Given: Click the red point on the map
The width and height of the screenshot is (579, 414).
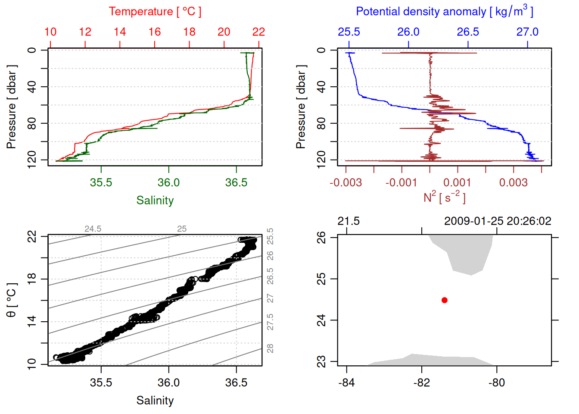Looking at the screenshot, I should [445, 300].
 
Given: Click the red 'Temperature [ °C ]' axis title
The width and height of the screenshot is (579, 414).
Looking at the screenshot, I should [155, 12].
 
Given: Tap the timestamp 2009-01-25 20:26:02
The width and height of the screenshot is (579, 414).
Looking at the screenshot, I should [498, 221].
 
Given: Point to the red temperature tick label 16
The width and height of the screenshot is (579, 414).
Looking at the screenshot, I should [155, 32].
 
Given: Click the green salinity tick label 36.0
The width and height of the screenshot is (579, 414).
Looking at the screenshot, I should [168, 182].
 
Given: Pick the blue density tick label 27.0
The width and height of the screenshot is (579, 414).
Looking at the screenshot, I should [527, 32].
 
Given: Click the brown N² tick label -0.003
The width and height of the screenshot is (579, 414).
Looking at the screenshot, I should [346, 182].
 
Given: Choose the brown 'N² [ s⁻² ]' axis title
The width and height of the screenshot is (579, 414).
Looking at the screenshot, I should [444, 198].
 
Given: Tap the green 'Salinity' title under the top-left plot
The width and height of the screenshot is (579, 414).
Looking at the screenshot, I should [155, 201].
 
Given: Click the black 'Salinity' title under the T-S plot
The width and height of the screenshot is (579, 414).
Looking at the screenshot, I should [155, 401].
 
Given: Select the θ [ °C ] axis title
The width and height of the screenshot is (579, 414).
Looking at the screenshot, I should [12, 300].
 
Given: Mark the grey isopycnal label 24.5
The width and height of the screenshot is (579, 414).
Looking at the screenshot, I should [93, 229].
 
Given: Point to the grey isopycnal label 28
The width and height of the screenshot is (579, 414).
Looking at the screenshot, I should [270, 348].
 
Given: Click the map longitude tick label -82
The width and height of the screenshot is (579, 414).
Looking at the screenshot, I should [421, 383].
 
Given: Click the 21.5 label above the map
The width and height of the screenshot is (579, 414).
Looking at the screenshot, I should [348, 221].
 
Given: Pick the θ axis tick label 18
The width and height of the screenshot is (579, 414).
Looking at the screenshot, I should [32, 279].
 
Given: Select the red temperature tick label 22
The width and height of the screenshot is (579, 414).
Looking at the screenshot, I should [258, 32].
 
